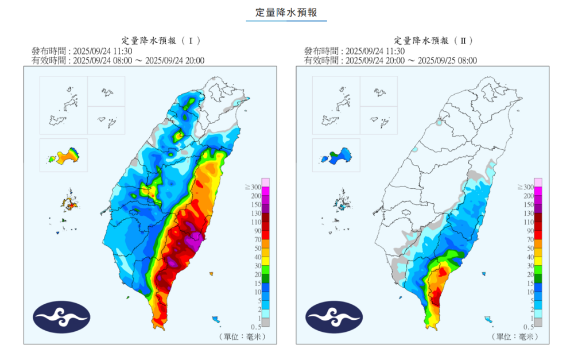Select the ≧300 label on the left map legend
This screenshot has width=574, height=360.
[x=253, y=187]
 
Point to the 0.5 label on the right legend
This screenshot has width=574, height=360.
[x=526, y=326]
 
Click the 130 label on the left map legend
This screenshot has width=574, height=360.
[x=255, y=213]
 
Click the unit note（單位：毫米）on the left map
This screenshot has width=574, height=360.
[x=242, y=336]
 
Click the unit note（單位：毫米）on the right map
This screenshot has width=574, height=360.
[x=514, y=336]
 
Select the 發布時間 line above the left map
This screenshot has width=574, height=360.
[x=99, y=51]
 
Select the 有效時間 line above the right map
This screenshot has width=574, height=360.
[x=390, y=60]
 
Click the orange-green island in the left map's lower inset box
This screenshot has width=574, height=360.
[x=64, y=156]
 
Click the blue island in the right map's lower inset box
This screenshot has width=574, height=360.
[x=337, y=156]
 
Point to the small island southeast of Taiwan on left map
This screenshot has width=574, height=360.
[x=216, y=319]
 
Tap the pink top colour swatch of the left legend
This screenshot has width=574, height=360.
[x=266, y=182]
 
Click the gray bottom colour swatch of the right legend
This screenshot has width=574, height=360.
[x=538, y=322]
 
